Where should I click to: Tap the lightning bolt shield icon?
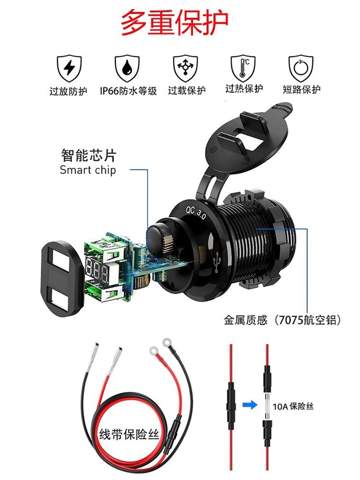coord(69,68)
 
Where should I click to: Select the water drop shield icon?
coord(127,68)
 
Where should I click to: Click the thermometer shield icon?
coord(243,68)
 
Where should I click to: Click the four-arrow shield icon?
coord(185,68)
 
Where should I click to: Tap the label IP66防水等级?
coord(128,91)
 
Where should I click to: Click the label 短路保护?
coord(301,89)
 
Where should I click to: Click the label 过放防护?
coord(69,91)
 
